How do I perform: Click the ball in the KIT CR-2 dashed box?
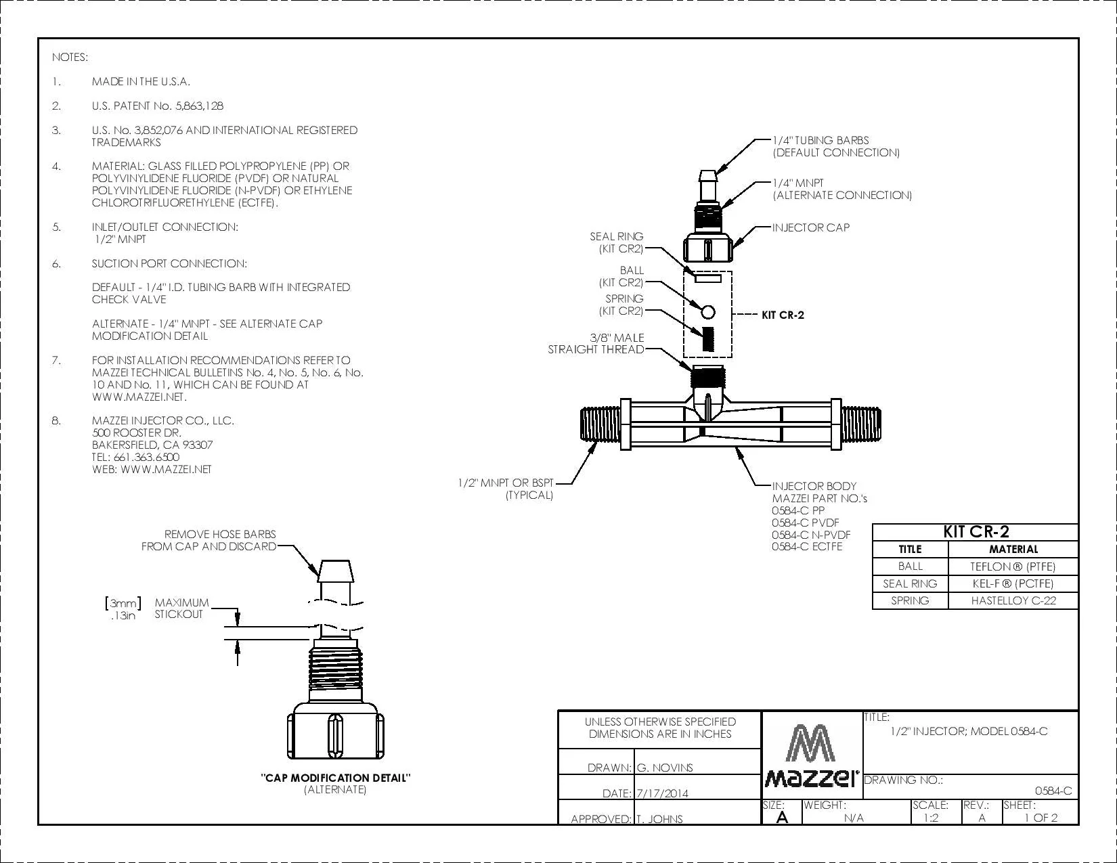tap(708, 312)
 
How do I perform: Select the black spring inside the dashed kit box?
tap(708, 339)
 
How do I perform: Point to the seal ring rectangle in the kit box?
tap(708, 279)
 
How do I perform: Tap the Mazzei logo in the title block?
tap(811, 755)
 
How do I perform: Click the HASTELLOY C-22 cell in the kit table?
tap(1013, 600)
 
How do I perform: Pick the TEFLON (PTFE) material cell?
tap(1013, 567)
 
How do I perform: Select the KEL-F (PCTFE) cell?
tap(1013, 583)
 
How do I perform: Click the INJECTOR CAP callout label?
tap(810, 227)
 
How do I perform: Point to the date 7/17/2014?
tap(662, 793)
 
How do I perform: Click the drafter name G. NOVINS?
tap(665, 768)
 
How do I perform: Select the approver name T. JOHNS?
tap(659, 819)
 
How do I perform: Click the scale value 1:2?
tap(931, 818)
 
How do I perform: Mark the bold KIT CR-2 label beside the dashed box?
tap(783, 315)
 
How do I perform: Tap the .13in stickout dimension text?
tap(123, 615)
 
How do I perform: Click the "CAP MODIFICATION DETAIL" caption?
tap(335, 778)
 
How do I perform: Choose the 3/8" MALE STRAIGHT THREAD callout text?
tap(596, 343)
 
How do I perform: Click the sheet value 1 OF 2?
tap(1041, 818)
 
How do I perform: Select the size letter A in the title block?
tap(782, 818)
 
